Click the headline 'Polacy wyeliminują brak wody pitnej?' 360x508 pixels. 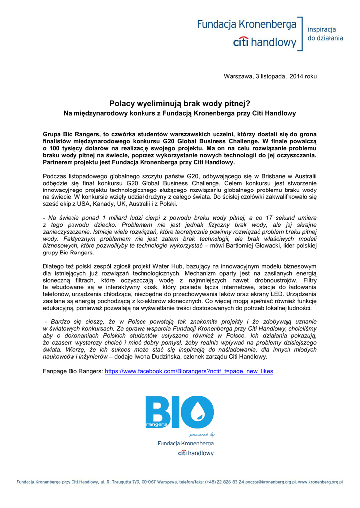tap(180, 104)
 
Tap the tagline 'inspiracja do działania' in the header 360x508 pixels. tap(325, 33)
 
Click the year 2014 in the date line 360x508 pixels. tap(296, 76)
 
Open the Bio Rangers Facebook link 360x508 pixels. tap(189, 371)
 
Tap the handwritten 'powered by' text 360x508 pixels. tap(202, 434)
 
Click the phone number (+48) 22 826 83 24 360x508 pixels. tap(218, 482)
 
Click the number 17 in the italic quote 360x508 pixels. tap(270, 218)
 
